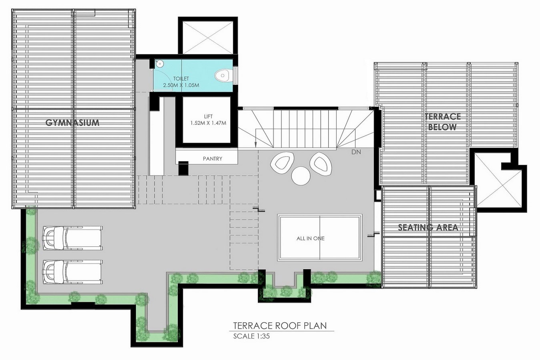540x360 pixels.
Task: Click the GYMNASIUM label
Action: [72, 123]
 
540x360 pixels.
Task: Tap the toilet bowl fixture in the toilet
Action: [223, 76]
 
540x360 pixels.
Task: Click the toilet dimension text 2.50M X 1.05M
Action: [181, 85]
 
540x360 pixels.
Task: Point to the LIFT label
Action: [208, 117]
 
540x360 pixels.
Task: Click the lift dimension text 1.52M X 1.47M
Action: [208, 123]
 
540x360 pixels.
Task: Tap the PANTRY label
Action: [213, 158]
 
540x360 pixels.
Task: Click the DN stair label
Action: [356, 152]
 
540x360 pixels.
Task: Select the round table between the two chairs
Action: [301, 176]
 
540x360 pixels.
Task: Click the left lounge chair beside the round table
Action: [282, 163]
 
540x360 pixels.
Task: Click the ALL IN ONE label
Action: [311, 238]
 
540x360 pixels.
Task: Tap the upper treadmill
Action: [72, 238]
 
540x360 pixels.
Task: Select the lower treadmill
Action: [72, 272]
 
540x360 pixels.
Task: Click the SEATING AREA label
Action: [428, 228]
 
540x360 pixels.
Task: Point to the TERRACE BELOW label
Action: [443, 122]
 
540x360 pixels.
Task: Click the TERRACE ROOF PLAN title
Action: [280, 326]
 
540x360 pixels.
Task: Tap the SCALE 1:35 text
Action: [251, 336]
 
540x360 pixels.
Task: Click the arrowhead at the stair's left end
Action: [255, 145]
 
